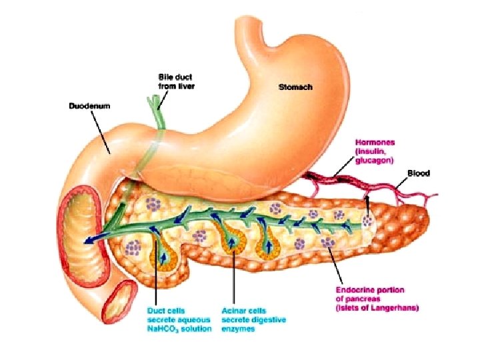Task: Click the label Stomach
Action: point(294,87)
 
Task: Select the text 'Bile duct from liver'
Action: point(176,81)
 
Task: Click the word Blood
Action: point(419,173)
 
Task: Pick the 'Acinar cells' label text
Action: point(244,310)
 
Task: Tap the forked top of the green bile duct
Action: point(157,101)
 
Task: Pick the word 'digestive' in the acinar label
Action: point(257,319)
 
